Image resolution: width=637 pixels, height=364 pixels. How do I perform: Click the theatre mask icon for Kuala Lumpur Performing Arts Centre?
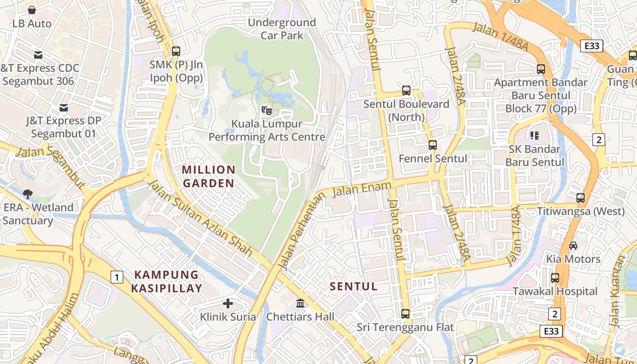[x=267, y=110]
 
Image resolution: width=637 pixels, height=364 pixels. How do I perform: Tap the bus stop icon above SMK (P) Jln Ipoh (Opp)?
[x=176, y=51]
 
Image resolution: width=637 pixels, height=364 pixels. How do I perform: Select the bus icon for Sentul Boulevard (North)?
[x=406, y=91]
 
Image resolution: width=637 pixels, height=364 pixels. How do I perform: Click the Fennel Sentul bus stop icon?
[x=433, y=146]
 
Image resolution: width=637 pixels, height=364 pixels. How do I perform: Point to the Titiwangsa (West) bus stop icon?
[x=581, y=198]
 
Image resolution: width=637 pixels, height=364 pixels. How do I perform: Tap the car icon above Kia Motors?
[x=573, y=246]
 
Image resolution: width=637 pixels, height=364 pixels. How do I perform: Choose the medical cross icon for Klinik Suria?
[x=228, y=303]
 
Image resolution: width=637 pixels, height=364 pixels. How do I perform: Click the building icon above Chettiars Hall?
[x=300, y=303]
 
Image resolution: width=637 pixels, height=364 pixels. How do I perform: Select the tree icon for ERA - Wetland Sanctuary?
[x=28, y=194]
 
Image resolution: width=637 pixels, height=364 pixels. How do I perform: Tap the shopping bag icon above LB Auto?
[x=32, y=10]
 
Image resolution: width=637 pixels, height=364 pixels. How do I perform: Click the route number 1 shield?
[x=117, y=277]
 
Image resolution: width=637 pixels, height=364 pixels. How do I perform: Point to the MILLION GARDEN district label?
[x=209, y=177]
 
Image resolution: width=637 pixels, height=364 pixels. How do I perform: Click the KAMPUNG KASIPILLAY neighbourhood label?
[x=167, y=282]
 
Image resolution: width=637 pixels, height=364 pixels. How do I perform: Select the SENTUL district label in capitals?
[x=354, y=286]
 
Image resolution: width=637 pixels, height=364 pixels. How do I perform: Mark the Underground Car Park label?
[x=282, y=29]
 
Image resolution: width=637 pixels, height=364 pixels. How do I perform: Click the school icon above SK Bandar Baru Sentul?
[x=534, y=135]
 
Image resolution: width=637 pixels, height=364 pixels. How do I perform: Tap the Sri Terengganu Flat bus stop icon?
[x=405, y=314]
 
